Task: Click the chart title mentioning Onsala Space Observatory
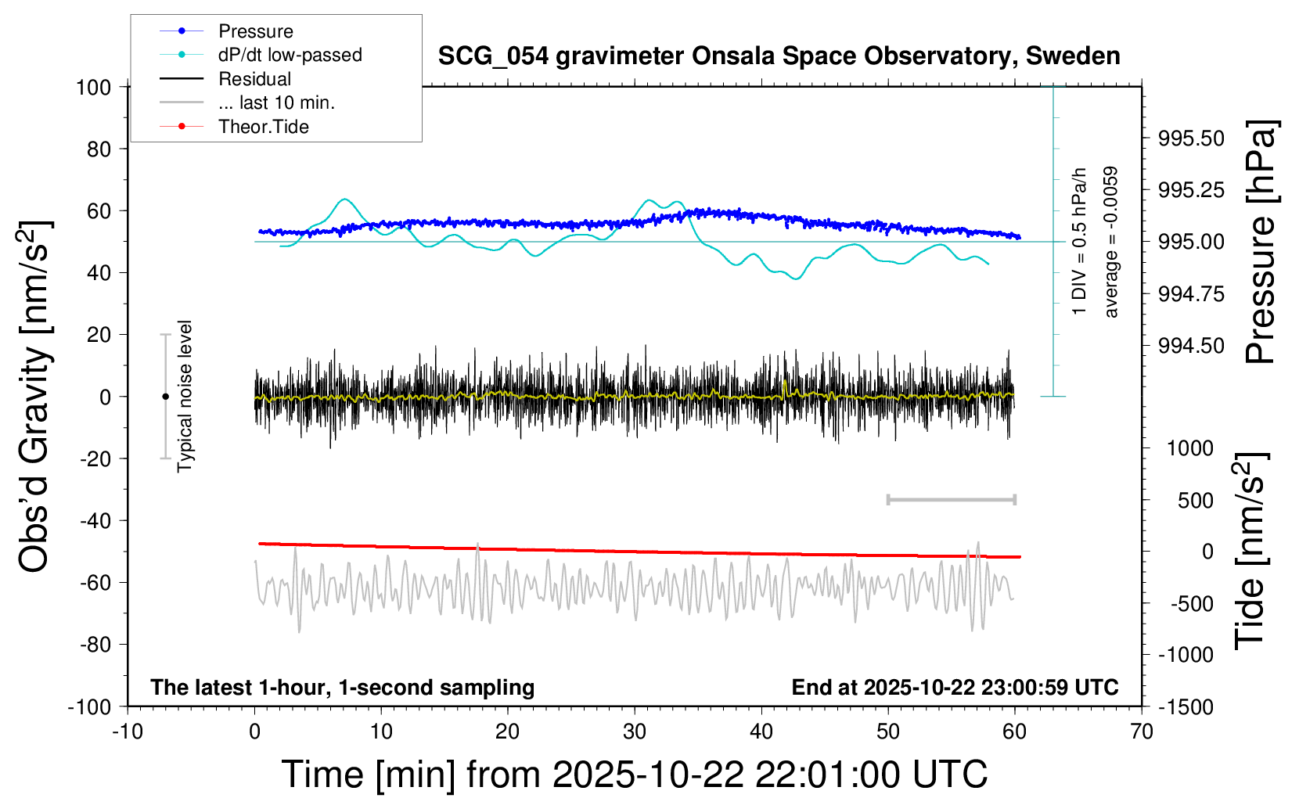(x=779, y=56)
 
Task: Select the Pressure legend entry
(x=255, y=31)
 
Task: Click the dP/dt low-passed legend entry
(x=290, y=55)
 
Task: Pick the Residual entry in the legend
(x=254, y=79)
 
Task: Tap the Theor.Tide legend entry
(x=263, y=127)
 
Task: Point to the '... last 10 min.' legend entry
(x=276, y=102)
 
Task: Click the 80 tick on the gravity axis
(x=99, y=149)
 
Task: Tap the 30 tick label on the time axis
(x=635, y=731)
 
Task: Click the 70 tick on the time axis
(x=1142, y=731)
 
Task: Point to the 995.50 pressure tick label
(x=1191, y=138)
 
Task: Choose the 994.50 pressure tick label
(x=1191, y=346)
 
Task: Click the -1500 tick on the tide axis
(x=1186, y=706)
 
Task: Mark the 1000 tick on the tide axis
(x=1190, y=448)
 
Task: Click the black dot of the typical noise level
(x=165, y=397)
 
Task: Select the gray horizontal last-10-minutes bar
(x=951, y=499)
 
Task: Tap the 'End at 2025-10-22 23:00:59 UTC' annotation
(x=955, y=687)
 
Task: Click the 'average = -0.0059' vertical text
(x=1111, y=243)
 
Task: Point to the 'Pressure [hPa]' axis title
(x=1261, y=243)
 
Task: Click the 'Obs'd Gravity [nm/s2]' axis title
(x=35, y=397)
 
